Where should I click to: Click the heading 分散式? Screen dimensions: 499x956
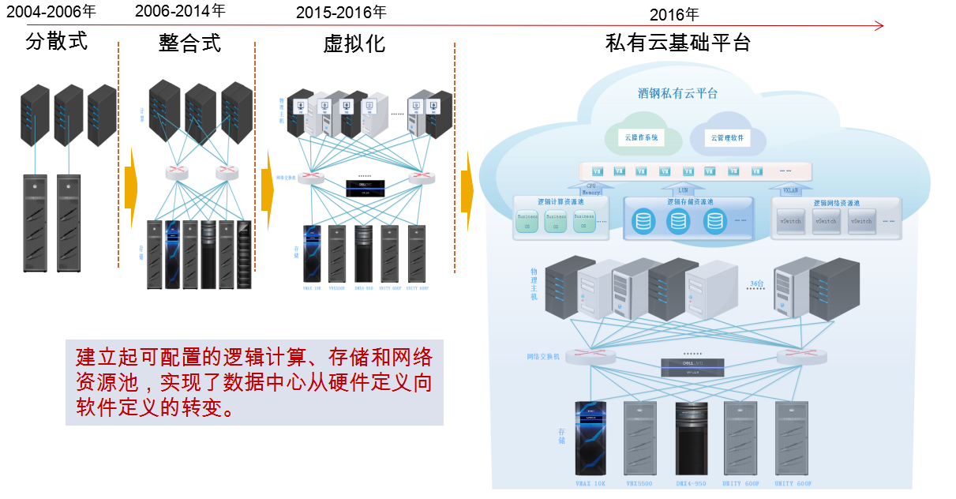tap(56, 41)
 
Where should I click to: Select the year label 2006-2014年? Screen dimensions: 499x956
tap(180, 11)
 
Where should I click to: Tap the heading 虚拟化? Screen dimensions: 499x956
tap(354, 43)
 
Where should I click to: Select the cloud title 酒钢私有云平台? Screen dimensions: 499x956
tap(677, 93)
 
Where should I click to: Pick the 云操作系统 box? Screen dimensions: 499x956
tap(641, 137)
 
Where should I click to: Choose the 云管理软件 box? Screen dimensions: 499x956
tap(727, 138)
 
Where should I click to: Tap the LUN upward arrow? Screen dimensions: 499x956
tap(683, 187)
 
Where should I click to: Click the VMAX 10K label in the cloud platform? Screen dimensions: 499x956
tap(589, 483)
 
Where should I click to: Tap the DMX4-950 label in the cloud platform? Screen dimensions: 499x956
tap(691, 483)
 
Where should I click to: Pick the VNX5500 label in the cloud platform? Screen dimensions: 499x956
tap(640, 483)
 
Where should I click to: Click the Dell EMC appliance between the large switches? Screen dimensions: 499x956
tap(692, 366)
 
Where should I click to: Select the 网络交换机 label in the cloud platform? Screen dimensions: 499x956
tap(543, 357)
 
